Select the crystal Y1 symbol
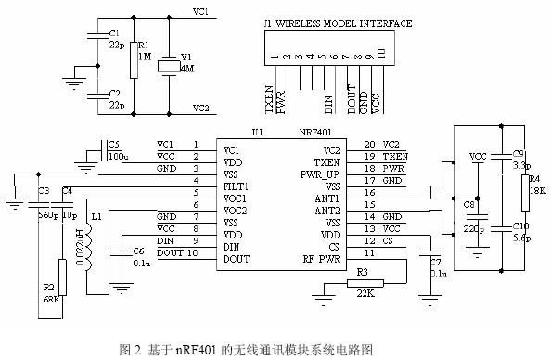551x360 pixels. click(x=167, y=67)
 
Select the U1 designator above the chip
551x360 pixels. click(x=257, y=133)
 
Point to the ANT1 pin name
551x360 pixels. click(x=327, y=198)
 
